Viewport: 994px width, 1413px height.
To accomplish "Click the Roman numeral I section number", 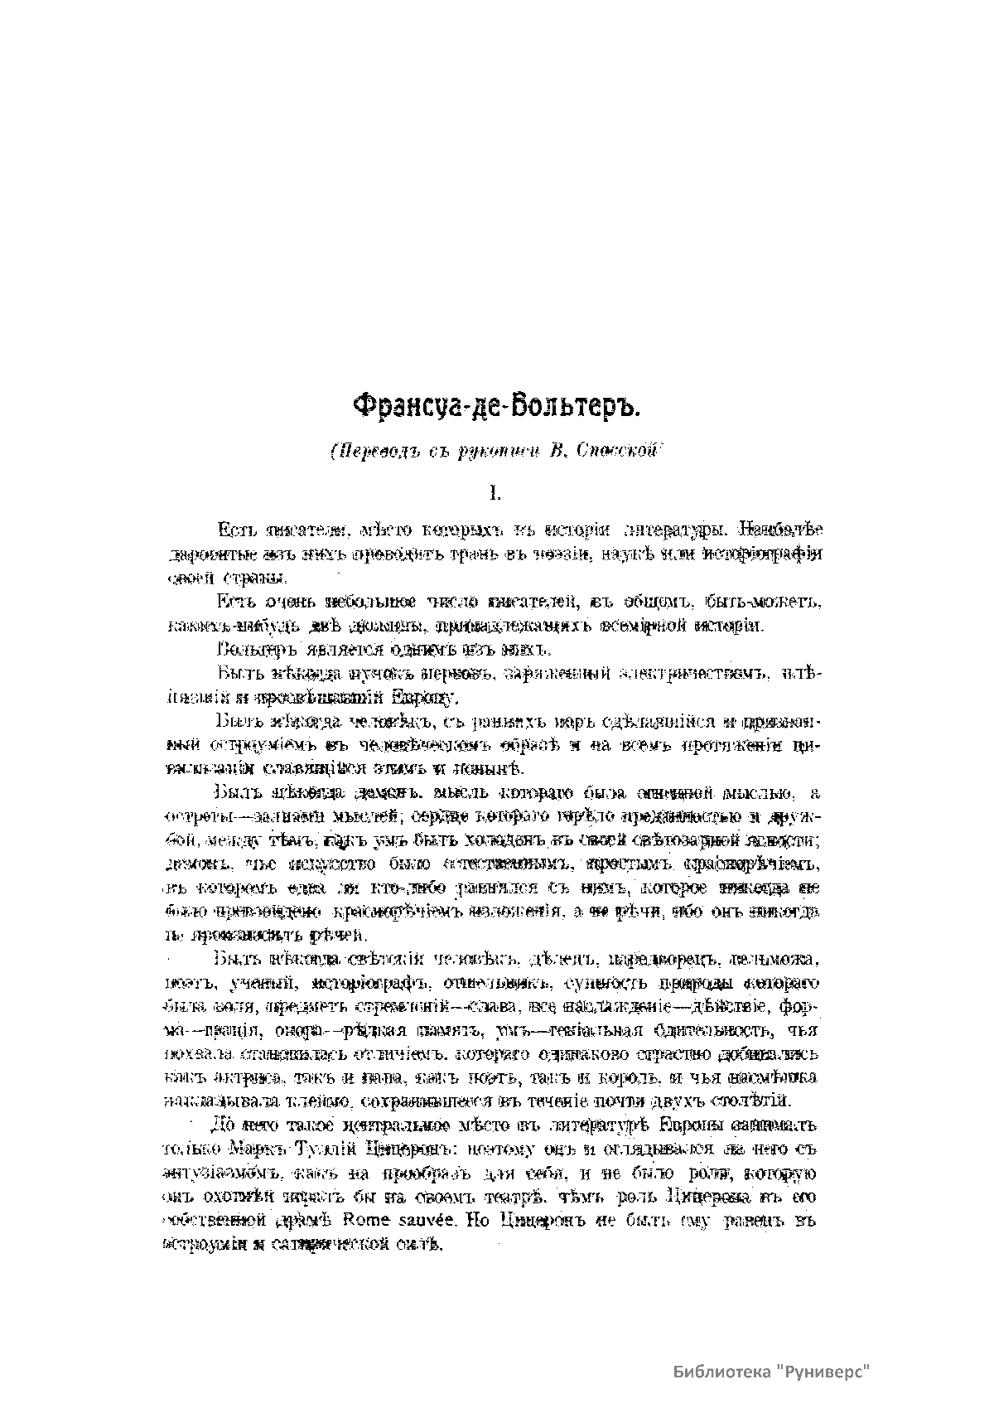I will pos(495,494).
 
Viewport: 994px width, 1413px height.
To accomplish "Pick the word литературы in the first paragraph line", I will pos(680,530).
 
